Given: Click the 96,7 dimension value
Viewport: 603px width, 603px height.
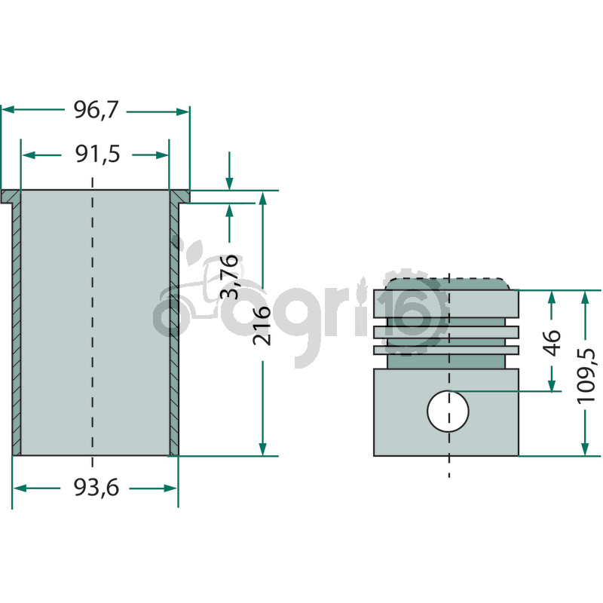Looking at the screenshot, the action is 96,110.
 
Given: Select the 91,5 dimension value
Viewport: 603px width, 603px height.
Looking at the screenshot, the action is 98,155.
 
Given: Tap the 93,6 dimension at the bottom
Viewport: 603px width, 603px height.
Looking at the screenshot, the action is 96,488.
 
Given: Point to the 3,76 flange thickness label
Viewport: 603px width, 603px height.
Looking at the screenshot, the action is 229,276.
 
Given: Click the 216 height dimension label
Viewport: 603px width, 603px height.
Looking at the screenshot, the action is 262,326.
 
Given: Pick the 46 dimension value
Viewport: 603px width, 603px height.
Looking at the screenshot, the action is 552,343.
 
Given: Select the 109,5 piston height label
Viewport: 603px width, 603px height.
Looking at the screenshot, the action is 586,375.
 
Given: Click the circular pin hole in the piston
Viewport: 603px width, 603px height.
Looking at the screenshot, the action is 448,411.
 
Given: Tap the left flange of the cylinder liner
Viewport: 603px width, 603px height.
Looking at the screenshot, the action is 11,196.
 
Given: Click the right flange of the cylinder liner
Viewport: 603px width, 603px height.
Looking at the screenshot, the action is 179,196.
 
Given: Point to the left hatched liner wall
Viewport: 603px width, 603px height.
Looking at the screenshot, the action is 17,329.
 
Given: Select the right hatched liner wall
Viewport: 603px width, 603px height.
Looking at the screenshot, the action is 174,329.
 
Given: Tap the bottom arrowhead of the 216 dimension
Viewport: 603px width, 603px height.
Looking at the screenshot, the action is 262,448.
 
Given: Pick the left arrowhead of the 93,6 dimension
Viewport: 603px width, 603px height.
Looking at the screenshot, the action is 20,488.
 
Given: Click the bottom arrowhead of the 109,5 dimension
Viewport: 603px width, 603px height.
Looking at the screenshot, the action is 585,448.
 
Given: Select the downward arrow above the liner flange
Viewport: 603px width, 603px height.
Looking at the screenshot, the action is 229,171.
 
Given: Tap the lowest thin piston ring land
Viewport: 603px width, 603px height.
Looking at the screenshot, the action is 446,350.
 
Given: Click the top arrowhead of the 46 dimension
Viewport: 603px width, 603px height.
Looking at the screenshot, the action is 552,298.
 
